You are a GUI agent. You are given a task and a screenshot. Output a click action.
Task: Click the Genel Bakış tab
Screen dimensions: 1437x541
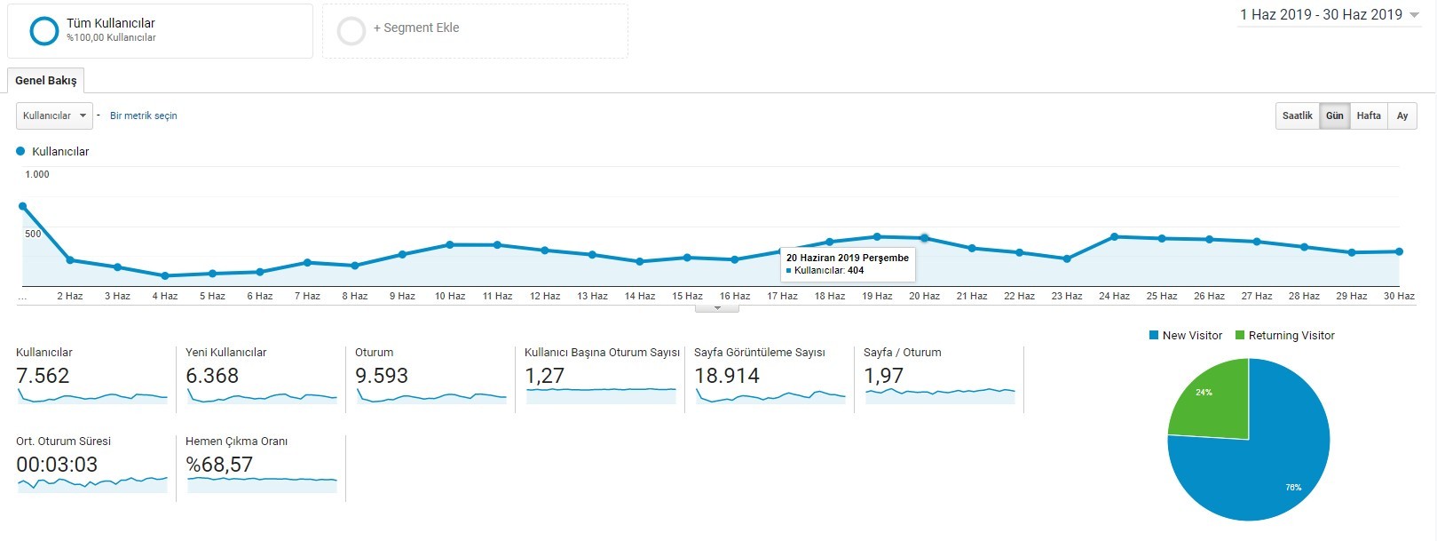point(45,81)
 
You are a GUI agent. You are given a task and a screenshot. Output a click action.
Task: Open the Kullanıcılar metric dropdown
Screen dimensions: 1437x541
point(54,116)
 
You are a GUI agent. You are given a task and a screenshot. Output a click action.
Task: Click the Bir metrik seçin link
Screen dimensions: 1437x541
point(143,116)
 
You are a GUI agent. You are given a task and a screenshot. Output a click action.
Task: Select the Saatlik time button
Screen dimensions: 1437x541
point(1297,116)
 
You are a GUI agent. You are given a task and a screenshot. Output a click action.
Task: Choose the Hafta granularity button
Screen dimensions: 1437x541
point(1369,116)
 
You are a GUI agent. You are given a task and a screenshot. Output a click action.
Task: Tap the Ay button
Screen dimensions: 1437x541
point(1402,116)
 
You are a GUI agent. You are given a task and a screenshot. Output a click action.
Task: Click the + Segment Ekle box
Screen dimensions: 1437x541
point(475,31)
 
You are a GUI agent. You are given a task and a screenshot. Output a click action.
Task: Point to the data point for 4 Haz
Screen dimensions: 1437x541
point(165,276)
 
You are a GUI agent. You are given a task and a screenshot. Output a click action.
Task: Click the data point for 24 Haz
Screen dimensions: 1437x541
point(1114,237)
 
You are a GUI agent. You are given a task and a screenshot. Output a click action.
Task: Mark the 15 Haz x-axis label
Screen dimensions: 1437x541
point(687,297)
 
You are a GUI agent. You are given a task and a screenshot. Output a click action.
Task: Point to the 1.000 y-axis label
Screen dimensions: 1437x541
point(37,174)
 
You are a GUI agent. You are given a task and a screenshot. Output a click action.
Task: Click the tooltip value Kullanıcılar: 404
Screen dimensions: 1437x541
point(829,271)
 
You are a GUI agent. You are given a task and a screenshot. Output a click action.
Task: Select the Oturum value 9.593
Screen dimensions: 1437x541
point(382,376)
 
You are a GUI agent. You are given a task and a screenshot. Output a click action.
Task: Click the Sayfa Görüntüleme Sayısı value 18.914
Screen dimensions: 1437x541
point(727,376)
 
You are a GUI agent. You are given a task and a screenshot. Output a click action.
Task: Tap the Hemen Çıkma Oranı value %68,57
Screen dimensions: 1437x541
point(219,465)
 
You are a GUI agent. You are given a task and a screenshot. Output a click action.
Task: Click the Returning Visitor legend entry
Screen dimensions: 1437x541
point(1284,336)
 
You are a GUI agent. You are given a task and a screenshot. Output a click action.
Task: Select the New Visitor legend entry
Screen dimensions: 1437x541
point(1186,336)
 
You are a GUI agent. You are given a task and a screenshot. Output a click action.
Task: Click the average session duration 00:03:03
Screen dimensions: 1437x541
point(57,465)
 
